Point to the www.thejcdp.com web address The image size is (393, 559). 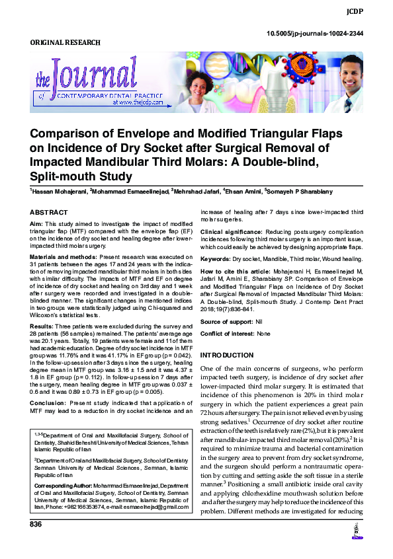pos(140,103)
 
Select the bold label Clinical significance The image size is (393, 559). pos(229,233)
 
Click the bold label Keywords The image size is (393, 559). pos(214,258)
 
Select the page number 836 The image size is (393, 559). pos(36,524)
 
